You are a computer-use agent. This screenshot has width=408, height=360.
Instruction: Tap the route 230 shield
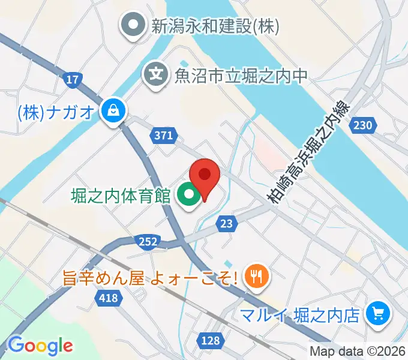(x=367, y=124)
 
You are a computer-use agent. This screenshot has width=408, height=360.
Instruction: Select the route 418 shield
(x=110, y=298)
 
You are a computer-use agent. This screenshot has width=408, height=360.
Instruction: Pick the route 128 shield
(x=210, y=340)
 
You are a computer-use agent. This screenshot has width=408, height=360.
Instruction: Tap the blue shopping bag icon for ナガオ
(x=111, y=110)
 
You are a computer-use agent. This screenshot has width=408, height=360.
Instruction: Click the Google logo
(x=40, y=346)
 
